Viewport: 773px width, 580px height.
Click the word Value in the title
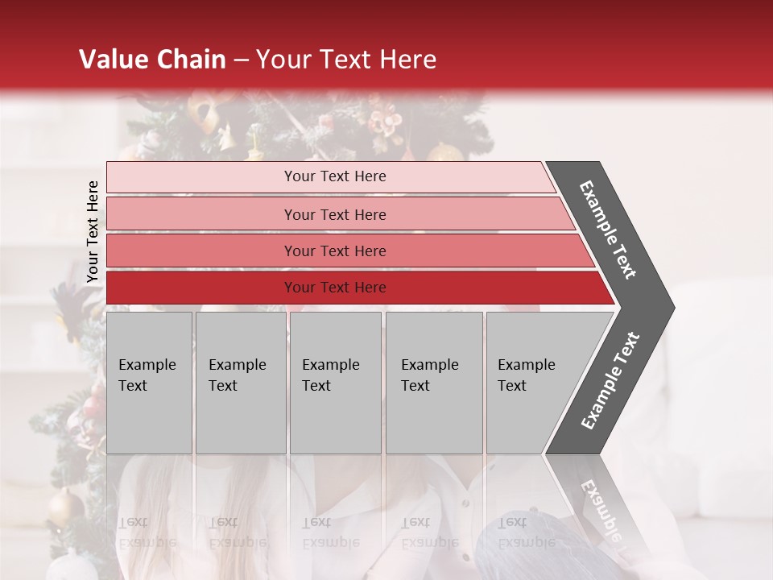point(112,60)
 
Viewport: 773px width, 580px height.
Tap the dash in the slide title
point(241,60)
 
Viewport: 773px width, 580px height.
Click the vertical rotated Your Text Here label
point(93,232)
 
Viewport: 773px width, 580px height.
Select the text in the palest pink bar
point(335,176)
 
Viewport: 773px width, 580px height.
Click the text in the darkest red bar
point(335,288)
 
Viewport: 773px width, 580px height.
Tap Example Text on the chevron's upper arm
point(609,229)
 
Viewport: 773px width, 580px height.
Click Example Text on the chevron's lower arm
point(610,381)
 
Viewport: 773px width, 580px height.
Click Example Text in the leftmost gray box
point(147,375)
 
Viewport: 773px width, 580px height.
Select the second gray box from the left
point(240,383)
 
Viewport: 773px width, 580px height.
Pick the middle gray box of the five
point(335,383)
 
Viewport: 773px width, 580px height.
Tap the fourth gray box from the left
point(434,383)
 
